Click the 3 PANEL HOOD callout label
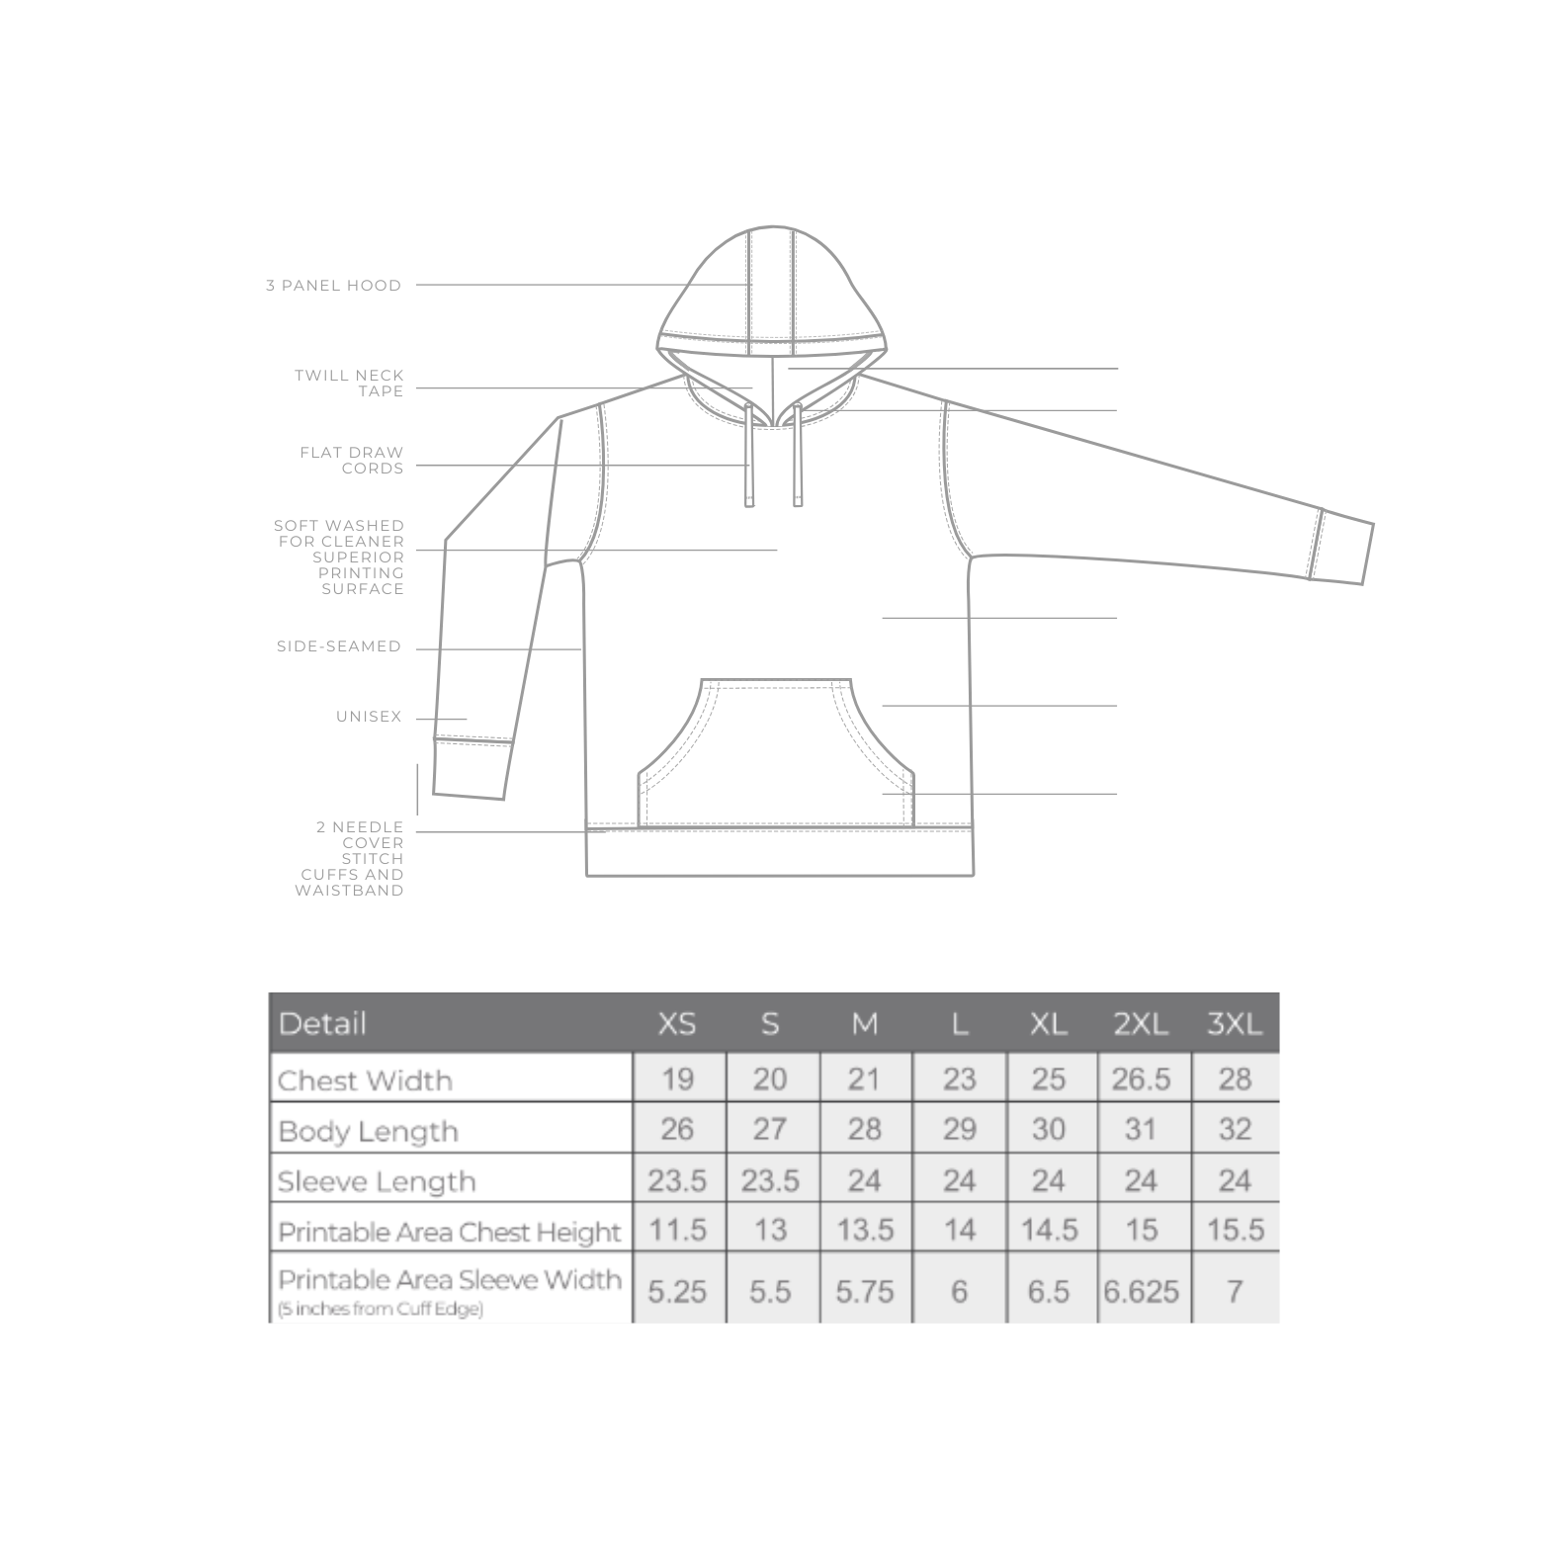(333, 286)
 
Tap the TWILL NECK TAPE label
(349, 384)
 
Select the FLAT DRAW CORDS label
(352, 461)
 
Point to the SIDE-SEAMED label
(339, 646)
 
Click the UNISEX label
(369, 717)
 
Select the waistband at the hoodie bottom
(780, 853)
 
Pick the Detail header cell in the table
(323, 1023)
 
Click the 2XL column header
(1141, 1024)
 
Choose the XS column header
(677, 1024)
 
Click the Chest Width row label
(365, 1079)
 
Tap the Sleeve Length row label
(377, 1181)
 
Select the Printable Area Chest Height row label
(450, 1232)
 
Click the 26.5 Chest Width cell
(1141, 1078)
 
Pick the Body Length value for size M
(864, 1130)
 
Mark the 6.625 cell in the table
(1142, 1291)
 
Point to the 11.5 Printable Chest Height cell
(677, 1230)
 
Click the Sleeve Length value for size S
(770, 1180)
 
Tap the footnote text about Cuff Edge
(381, 1311)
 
